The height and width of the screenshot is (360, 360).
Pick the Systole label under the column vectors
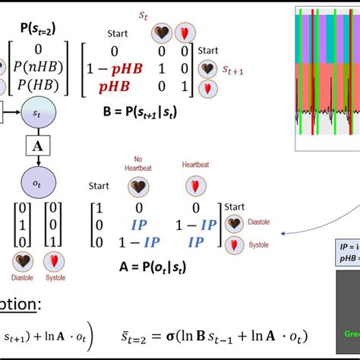52,278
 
